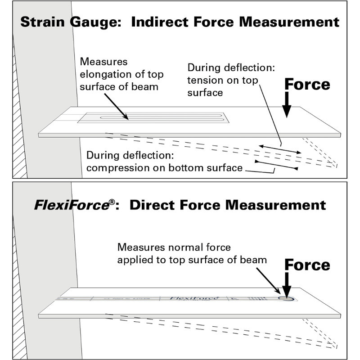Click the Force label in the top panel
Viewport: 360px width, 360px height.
[307, 84]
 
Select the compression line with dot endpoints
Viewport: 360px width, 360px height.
[276, 165]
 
